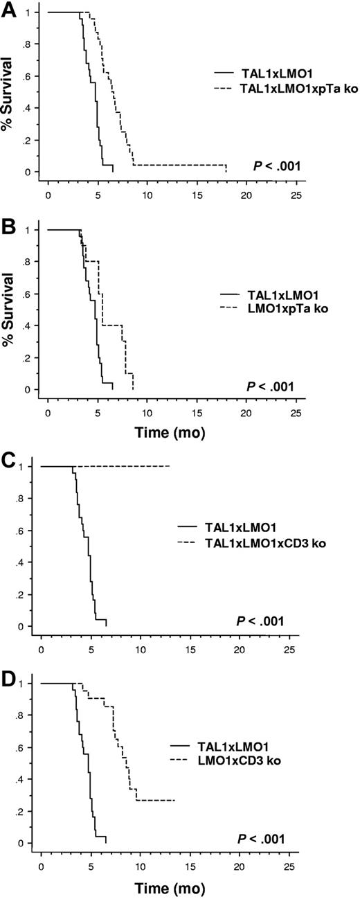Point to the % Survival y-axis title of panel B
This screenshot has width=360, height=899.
tap(9, 310)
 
